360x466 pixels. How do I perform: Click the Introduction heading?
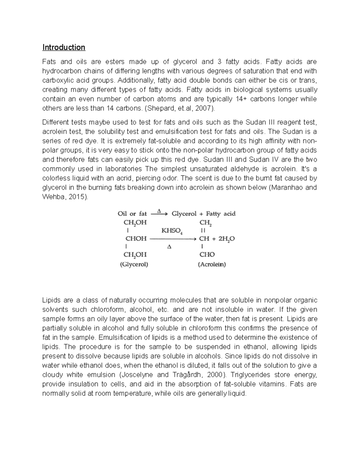64,47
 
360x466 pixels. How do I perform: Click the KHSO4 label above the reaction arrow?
172,230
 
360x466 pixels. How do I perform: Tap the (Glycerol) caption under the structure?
134,265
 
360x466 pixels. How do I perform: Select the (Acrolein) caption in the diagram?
212,265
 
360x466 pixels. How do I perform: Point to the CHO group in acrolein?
207,254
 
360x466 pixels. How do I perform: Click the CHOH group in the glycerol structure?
136,239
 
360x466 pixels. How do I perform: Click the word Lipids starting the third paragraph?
51,300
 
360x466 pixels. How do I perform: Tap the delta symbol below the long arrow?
169,247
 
